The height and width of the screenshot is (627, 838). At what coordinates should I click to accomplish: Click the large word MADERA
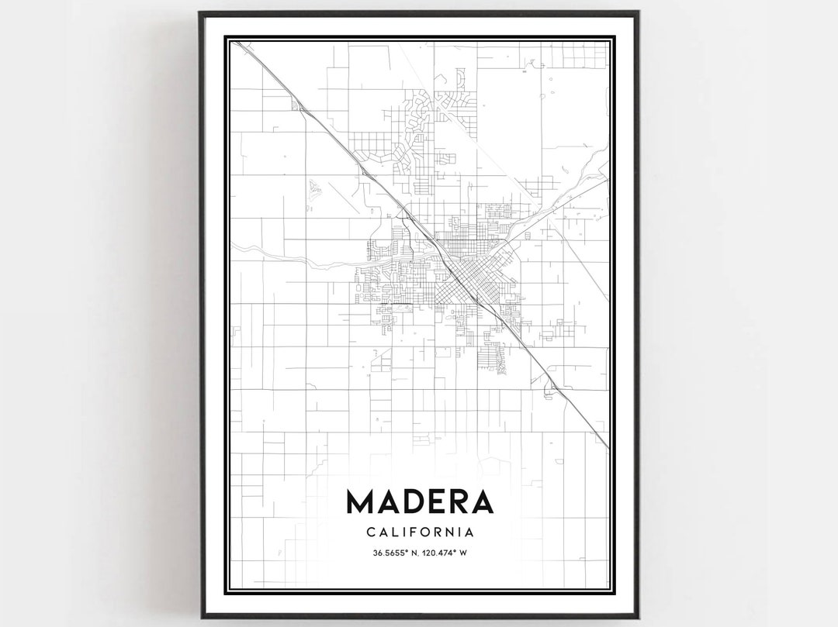click(x=419, y=501)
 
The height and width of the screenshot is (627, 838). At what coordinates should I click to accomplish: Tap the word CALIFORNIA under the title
click(x=419, y=532)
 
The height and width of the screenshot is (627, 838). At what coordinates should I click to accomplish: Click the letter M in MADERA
click(x=362, y=501)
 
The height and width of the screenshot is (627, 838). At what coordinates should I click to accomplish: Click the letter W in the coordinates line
click(x=473, y=553)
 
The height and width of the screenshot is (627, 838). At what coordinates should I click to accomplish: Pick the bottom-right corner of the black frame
click(x=638, y=616)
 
